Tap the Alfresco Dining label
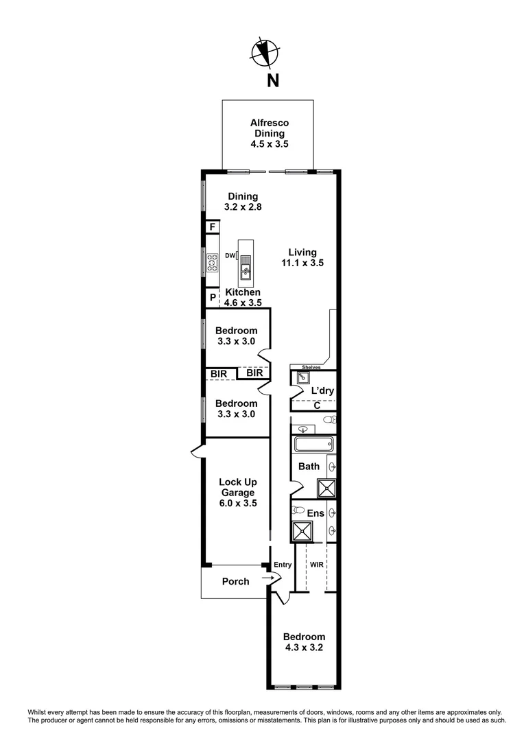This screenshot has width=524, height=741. [267, 134]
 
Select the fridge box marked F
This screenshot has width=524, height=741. [213, 227]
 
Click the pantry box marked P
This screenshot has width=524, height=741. [213, 298]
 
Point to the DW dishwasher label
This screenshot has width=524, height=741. [230, 256]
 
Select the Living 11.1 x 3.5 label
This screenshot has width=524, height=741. [302, 257]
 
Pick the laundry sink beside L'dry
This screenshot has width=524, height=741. [302, 377]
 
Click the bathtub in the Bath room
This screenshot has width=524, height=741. [313, 444]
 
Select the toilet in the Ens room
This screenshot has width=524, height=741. [298, 510]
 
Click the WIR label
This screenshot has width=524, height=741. [316, 565]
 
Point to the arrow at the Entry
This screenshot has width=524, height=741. [267, 578]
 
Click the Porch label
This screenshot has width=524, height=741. [235, 582]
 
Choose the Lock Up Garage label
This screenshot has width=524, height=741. [237, 492]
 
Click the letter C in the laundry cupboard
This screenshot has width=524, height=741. [317, 405]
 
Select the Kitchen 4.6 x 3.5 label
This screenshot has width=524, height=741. [243, 297]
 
